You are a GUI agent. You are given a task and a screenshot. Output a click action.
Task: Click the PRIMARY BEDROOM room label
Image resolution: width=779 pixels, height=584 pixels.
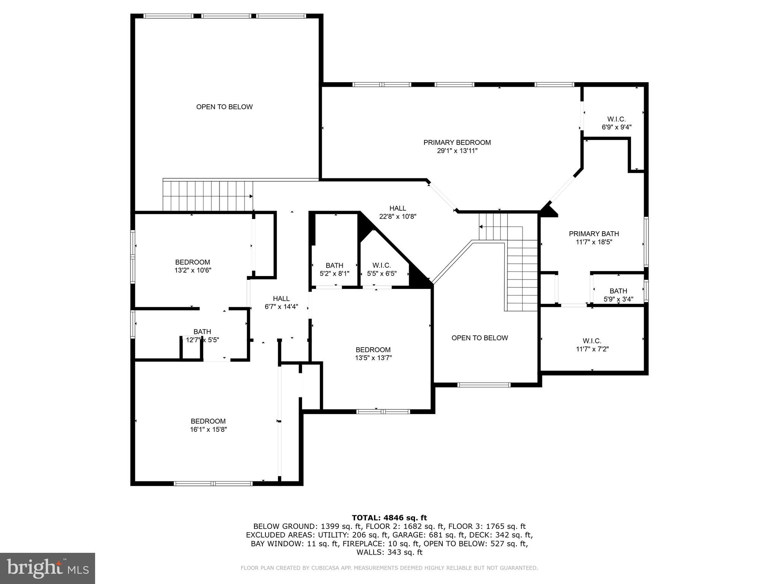tap(457, 143)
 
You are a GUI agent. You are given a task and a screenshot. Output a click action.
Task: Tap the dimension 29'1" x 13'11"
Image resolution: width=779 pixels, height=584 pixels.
tap(457, 151)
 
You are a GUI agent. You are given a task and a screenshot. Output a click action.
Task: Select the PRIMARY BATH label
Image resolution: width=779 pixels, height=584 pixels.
tap(593, 234)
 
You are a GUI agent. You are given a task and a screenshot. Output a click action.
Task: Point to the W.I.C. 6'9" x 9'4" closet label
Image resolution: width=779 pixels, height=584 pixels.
tap(616, 123)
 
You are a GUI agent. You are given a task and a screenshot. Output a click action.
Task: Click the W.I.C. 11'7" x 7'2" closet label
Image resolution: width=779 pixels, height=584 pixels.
tap(592, 345)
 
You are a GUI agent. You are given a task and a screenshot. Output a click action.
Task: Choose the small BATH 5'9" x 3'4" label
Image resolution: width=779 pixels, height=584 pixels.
tap(618, 295)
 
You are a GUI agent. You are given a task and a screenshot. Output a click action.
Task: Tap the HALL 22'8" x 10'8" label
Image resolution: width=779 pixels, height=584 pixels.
tap(397, 212)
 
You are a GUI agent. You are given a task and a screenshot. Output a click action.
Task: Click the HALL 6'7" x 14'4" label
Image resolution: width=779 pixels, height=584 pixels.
tap(281, 303)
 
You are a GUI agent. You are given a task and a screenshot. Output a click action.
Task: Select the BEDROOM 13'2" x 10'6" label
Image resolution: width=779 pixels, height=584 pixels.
tap(192, 266)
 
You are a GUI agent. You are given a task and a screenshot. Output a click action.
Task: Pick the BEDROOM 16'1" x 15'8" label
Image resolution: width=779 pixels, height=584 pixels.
tap(208, 425)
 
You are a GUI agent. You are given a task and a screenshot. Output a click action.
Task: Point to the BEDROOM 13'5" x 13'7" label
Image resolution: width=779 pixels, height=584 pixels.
tap(373, 354)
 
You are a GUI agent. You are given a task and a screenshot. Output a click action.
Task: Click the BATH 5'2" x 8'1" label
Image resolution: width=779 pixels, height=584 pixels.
tap(334, 269)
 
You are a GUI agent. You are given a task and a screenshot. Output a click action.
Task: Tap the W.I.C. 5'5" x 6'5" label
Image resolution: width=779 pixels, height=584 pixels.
tap(382, 269)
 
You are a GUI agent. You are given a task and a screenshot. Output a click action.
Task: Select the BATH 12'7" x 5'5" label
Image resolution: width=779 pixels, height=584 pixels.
tap(202, 336)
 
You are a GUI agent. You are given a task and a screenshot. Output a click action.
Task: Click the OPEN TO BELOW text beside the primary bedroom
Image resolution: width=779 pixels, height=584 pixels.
tap(224, 107)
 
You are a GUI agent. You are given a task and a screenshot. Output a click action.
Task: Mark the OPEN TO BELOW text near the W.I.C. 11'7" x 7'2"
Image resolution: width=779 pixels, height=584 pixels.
tap(479, 338)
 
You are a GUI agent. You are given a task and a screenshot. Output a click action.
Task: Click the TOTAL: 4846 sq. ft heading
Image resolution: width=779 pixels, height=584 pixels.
tap(389, 517)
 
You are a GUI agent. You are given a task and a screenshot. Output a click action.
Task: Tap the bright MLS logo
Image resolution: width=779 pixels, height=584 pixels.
tap(48, 568)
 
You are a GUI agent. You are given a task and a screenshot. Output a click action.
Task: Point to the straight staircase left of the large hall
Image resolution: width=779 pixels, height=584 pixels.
tap(208, 196)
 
